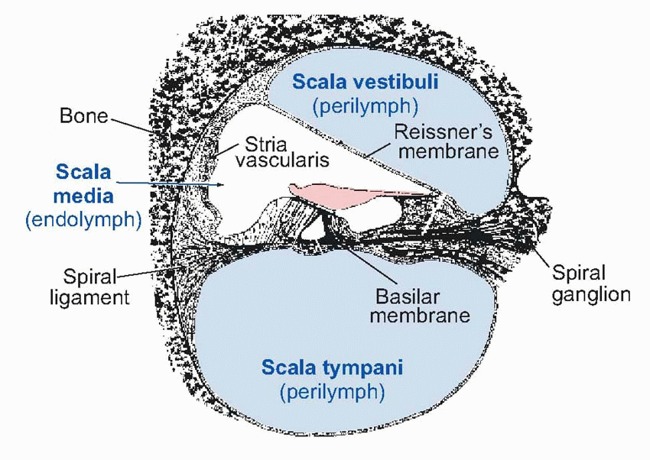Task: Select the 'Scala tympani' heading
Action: pos(332,368)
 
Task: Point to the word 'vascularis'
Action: pos(282,160)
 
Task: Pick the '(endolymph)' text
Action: pos(83,220)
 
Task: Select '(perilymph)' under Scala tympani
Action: pos(332,392)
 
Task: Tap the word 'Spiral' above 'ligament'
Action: pos(91,275)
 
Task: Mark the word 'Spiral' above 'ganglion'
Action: pos(579,274)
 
